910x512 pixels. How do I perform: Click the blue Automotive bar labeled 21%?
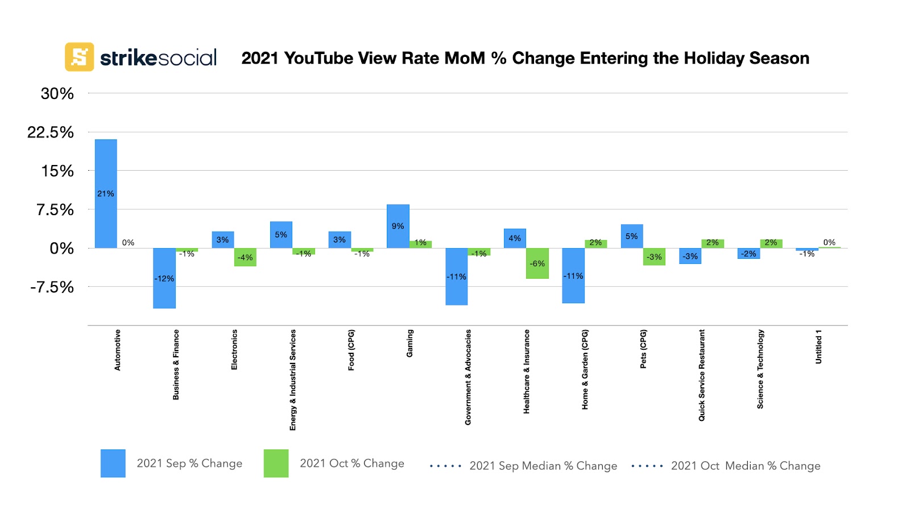coord(106,193)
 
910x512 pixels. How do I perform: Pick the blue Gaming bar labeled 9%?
coord(398,226)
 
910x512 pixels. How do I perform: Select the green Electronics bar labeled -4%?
coord(245,257)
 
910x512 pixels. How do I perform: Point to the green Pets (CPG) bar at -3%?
coord(654,257)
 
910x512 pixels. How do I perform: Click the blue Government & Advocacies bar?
coord(456,276)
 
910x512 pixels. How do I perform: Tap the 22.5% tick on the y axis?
coord(51,133)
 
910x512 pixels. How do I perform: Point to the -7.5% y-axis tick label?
coord(52,287)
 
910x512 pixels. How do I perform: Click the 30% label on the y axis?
coord(57,94)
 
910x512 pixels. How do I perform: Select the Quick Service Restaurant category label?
coord(702,375)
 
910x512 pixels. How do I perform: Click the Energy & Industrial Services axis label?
coord(293,380)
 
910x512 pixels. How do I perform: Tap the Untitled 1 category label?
coord(818,346)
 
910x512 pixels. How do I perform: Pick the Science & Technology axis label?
coord(760,369)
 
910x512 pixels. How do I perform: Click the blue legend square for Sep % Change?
coord(113,463)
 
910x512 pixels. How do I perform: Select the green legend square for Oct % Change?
coord(276,463)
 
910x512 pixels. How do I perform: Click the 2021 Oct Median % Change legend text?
coord(745,466)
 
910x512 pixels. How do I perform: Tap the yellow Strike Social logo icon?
coord(79,57)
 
